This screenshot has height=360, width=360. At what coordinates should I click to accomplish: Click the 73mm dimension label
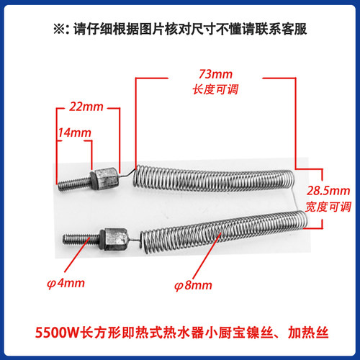pyautogui.click(x=215, y=74)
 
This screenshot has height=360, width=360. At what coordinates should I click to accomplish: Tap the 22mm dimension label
pyautogui.click(x=86, y=107)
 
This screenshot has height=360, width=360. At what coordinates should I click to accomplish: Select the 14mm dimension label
pyautogui.click(x=75, y=132)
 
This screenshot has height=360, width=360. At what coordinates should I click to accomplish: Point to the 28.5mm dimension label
pyautogui.click(x=328, y=191)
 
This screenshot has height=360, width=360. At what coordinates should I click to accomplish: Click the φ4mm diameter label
pyautogui.click(x=66, y=284)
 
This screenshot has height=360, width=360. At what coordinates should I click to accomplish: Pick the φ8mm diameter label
pyautogui.click(x=193, y=286)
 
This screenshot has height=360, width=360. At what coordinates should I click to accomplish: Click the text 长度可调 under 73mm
pyautogui.click(x=215, y=89)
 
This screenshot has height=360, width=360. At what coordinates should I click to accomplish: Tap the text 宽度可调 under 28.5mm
pyautogui.click(x=328, y=207)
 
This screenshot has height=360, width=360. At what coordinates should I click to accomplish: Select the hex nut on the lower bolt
pyautogui.click(x=113, y=239)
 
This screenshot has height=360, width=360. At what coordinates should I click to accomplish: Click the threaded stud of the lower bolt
pyautogui.click(x=81, y=239)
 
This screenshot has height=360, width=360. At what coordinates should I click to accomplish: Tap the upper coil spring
pyautogui.click(x=214, y=179)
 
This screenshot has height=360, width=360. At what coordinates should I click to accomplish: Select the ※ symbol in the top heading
pyautogui.click(x=59, y=29)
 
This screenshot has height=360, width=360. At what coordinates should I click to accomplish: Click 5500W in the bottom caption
pyautogui.click(x=57, y=333)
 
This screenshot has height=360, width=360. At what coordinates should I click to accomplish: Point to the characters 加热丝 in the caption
pyautogui.click(x=308, y=333)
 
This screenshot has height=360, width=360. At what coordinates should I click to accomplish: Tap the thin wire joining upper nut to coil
pyautogui.click(x=127, y=174)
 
